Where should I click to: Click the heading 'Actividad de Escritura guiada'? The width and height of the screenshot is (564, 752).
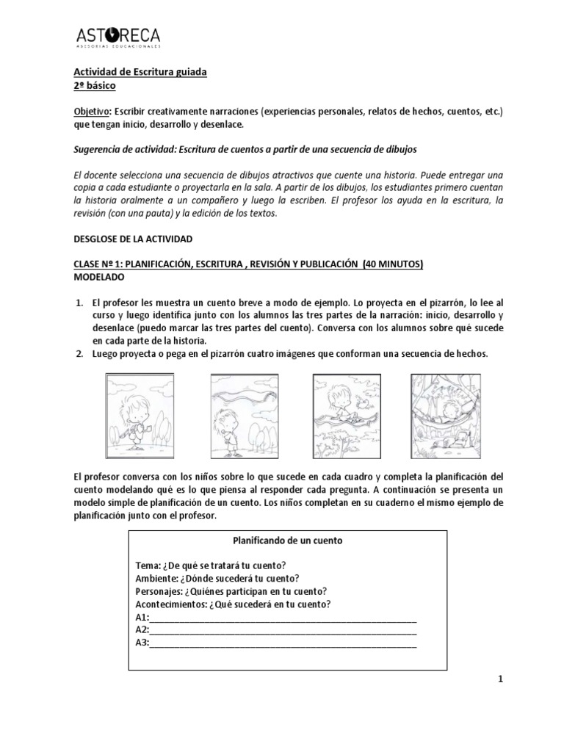coord(140,71)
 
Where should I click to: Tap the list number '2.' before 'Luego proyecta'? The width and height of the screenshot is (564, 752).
coord(81,354)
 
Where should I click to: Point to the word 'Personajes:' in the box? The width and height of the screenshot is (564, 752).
coord(159,591)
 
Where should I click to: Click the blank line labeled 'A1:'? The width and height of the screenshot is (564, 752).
coord(283,618)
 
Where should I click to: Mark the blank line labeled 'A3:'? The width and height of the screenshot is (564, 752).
coord(283,643)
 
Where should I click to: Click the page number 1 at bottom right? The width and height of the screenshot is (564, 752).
coord(500,680)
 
